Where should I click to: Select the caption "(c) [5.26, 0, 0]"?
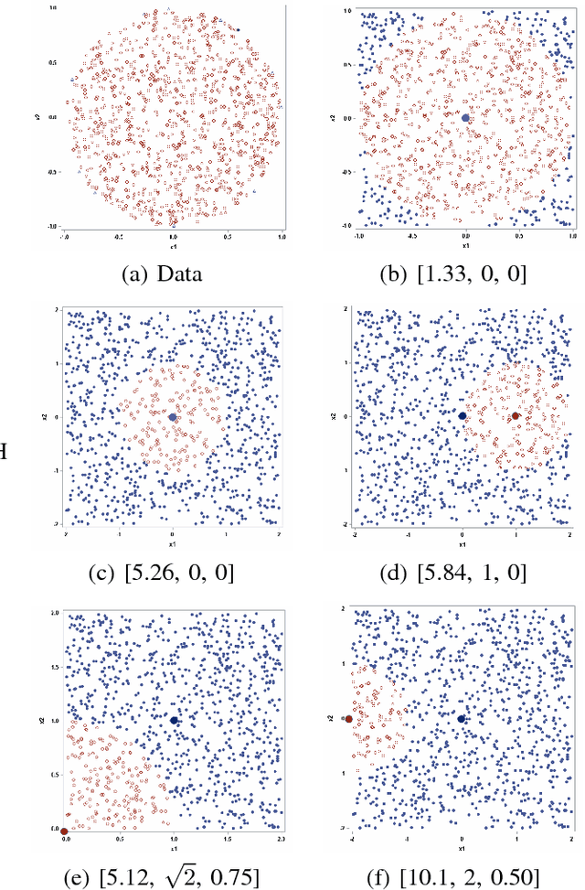173,573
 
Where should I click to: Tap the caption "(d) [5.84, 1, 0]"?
464,573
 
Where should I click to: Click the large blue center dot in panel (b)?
465,118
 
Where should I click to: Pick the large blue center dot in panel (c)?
173,417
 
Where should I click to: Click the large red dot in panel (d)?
516,416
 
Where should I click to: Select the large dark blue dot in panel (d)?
463,416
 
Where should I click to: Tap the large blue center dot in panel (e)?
174,721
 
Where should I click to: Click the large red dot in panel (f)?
349,720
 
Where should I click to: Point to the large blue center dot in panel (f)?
462,720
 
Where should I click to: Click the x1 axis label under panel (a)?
173,247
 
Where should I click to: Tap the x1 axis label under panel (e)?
173,845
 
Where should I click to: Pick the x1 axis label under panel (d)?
463,543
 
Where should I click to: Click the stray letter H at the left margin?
4,451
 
